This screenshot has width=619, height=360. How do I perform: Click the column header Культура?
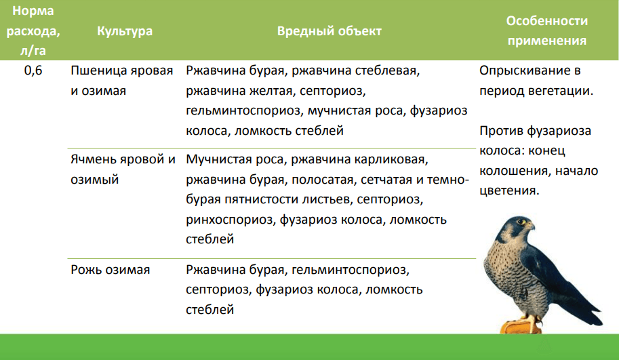(x=125, y=31)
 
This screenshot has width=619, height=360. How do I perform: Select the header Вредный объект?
(x=330, y=31)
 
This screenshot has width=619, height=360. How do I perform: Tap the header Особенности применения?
(x=547, y=31)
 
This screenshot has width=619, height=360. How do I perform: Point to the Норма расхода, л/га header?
(x=33, y=31)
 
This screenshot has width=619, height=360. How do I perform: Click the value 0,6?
(x=33, y=71)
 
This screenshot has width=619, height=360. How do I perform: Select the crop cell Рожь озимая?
(x=110, y=270)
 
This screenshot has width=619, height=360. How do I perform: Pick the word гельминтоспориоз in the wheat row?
(x=243, y=111)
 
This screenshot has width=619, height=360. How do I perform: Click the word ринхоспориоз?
(x=231, y=220)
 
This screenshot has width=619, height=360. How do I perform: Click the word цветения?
(x=509, y=191)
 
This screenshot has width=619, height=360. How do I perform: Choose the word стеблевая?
(x=387, y=71)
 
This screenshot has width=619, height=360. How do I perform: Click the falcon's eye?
(x=524, y=222)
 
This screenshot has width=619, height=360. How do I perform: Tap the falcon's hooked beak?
(x=532, y=227)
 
